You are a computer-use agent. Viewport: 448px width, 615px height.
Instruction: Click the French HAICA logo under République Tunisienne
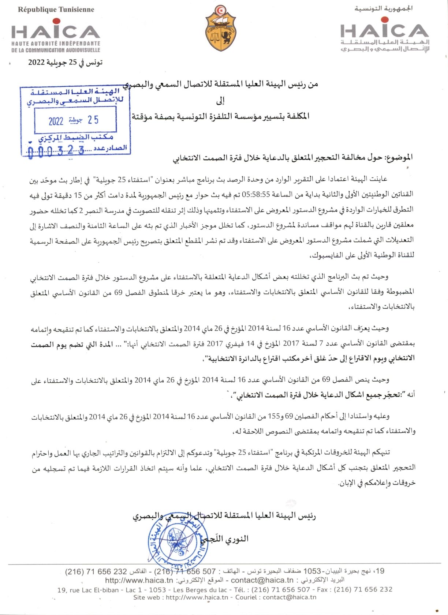click(x=56, y=37)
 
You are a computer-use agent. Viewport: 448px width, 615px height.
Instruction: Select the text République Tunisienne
click(x=56, y=10)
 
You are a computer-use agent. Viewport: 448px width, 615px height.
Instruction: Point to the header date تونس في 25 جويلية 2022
click(x=66, y=62)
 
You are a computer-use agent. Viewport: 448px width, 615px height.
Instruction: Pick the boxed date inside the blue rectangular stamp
click(x=75, y=120)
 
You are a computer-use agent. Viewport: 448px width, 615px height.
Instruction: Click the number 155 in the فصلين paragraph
click(x=274, y=416)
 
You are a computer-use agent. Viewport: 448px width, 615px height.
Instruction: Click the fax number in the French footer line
click(x=363, y=589)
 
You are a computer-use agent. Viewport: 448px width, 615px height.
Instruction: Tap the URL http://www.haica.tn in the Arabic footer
click(x=139, y=580)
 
